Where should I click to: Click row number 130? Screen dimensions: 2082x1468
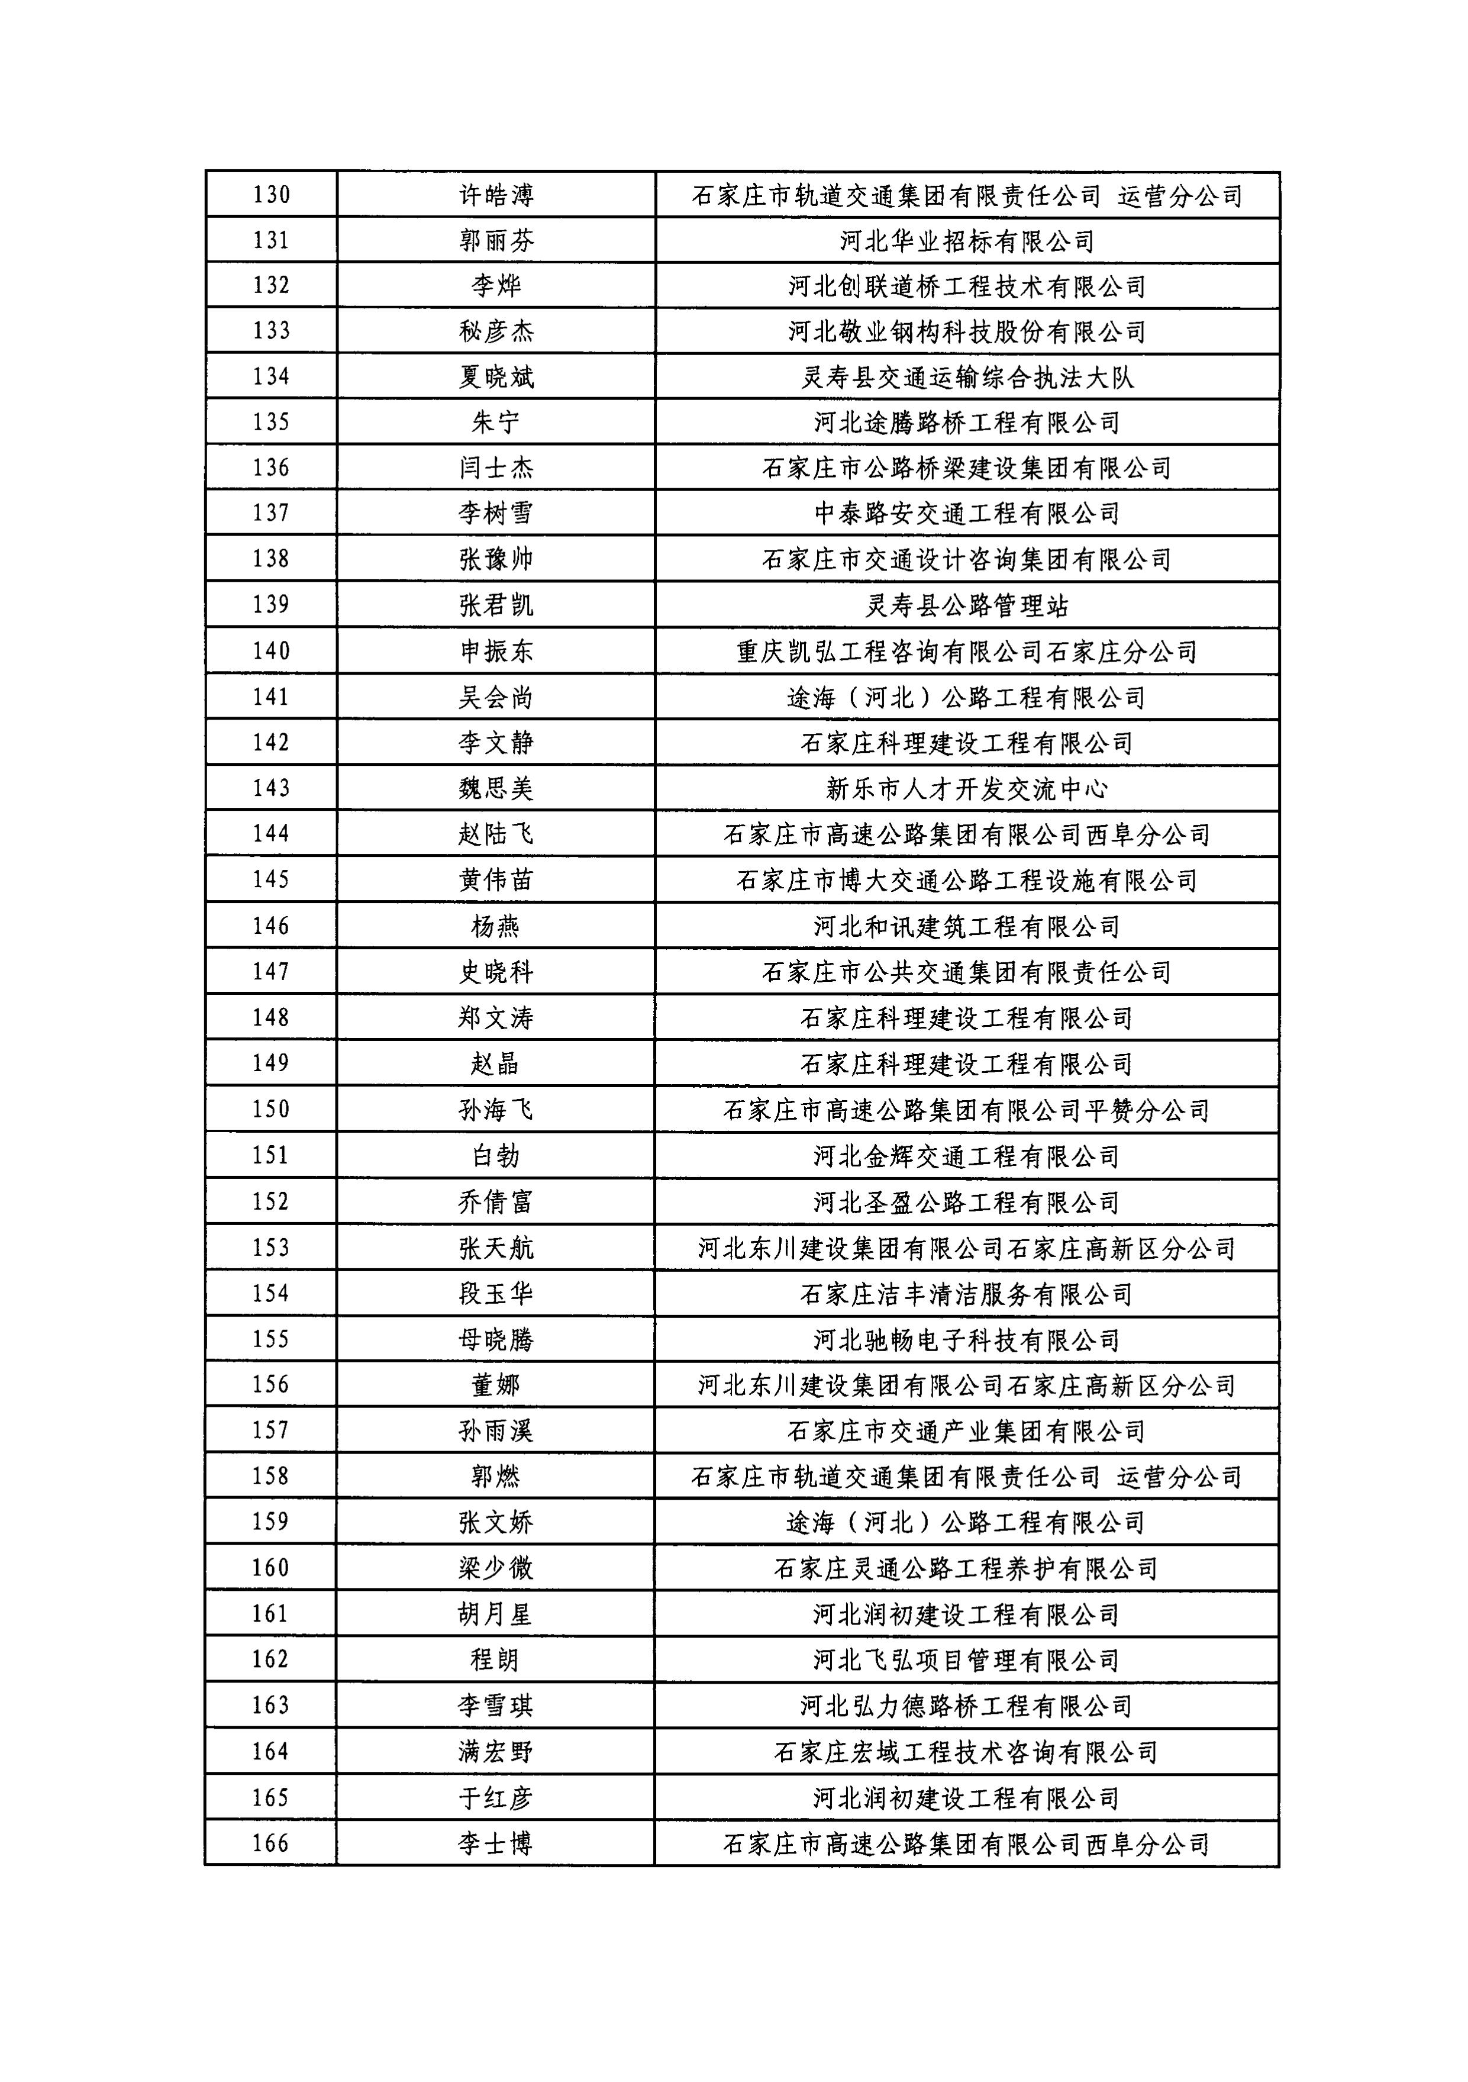[271, 195]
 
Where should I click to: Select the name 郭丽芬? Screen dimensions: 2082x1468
[496, 240]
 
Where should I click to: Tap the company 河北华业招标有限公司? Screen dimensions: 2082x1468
[967, 241]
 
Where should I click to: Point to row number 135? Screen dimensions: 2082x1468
[271, 421]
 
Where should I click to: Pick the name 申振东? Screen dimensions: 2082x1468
[496, 651]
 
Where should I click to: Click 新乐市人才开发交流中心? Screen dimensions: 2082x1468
[967, 789]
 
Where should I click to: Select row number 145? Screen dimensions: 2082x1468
[271, 879]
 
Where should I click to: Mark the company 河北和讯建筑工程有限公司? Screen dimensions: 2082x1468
[967, 927]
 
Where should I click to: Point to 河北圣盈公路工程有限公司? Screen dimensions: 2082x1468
[967, 1203]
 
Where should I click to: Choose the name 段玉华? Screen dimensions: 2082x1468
[496, 1294]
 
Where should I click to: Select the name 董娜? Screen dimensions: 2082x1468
[496, 1385]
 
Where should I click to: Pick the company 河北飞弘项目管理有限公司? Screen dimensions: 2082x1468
[967, 1661]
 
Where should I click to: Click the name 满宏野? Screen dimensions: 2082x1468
[496, 1752]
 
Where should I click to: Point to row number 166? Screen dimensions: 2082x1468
[271, 1843]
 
